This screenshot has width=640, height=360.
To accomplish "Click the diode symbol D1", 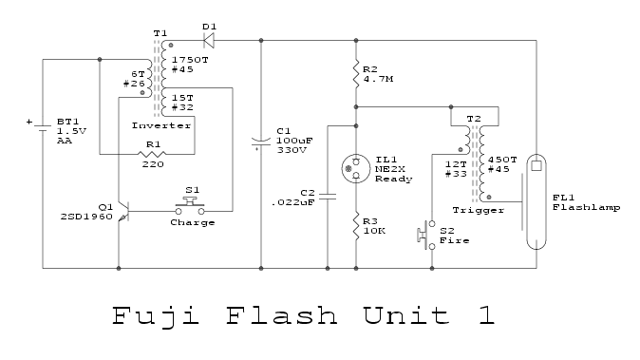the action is pos(209,41).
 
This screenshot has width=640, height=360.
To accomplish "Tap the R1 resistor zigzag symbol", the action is pos(152,154).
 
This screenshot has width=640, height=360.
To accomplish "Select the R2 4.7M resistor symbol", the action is pos(356,73).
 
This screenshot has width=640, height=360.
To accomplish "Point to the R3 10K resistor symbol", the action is pos(356,226).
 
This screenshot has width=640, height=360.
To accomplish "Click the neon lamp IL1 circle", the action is pos(356,168).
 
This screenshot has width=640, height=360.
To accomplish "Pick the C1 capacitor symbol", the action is pos(261,143).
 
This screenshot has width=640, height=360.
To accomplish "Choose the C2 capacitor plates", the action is pos(328,197).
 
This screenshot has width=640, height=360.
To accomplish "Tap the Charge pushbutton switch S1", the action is pos(190,206).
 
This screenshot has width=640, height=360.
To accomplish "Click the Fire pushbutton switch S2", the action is pos(426,236).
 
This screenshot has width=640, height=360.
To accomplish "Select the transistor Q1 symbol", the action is pos(123,212).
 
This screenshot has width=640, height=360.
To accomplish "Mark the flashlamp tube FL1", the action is pos(536,201).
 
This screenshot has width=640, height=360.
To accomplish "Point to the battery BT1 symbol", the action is pos(43,126).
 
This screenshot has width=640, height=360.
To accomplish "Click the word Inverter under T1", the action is pos(161,125).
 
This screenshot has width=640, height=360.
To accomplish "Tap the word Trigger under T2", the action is pos(479,210).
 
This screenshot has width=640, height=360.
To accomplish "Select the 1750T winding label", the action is pos(190,60).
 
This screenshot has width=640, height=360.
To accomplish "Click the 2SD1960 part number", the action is pos(86,217).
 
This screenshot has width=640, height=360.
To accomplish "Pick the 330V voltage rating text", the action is pos(292,150).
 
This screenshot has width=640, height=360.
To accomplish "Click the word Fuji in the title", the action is pos(156,316).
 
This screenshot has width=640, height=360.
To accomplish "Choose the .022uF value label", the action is pos(293,202).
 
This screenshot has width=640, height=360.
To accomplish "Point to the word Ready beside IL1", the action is pos(394,179).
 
